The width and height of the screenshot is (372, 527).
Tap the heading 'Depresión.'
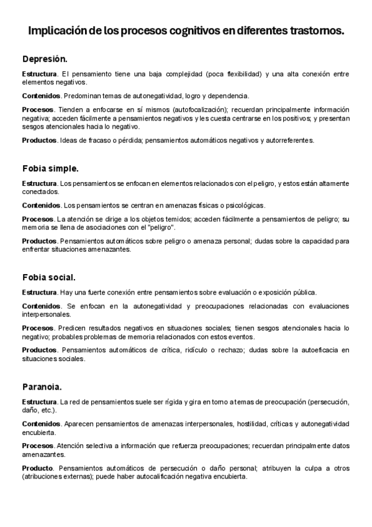(44, 59)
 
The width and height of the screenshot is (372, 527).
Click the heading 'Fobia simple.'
(50, 168)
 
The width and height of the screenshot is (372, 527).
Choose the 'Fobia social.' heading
(48, 277)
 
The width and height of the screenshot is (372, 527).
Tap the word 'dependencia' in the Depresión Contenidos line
(227, 96)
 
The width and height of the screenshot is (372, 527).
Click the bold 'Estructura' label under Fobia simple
(39, 183)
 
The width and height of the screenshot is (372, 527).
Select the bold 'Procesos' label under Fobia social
(38, 328)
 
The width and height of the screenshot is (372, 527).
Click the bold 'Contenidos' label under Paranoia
(41, 423)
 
